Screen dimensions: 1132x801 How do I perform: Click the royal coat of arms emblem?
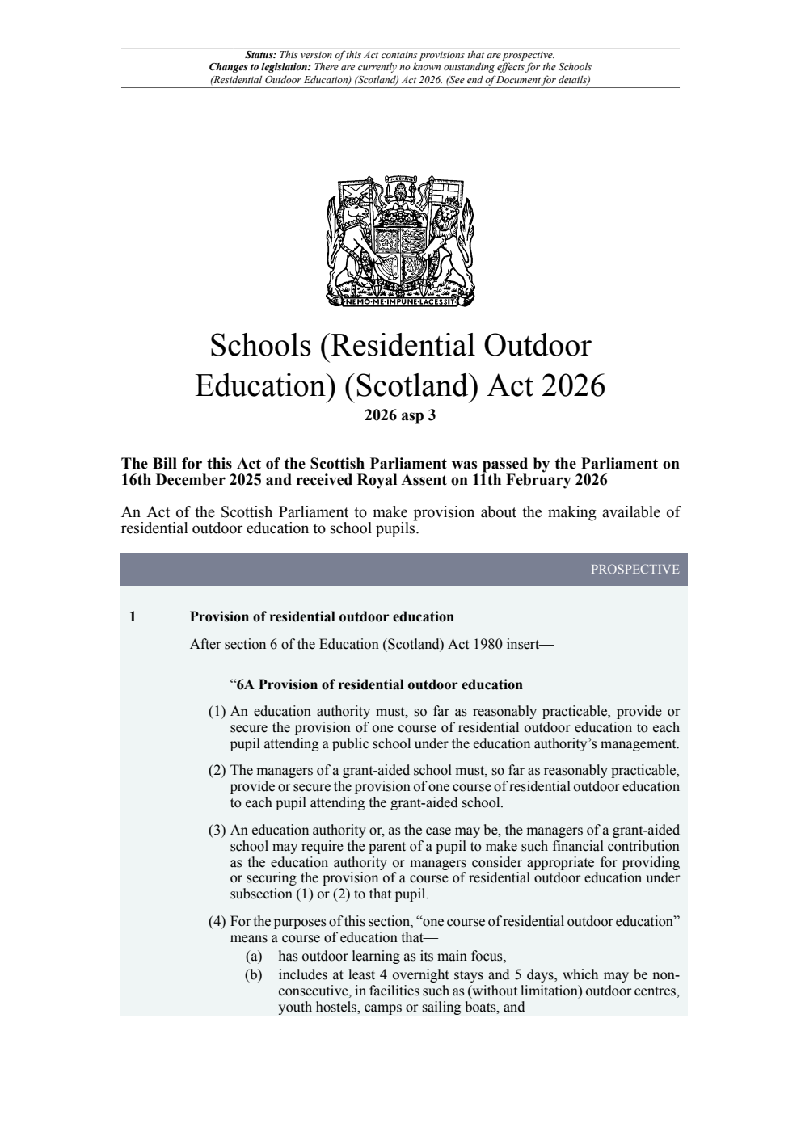(400, 241)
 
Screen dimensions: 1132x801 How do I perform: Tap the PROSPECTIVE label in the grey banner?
(634, 569)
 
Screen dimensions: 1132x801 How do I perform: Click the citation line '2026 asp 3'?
(400, 416)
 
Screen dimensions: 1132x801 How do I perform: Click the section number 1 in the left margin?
(133, 617)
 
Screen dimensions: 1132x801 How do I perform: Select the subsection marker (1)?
(217, 712)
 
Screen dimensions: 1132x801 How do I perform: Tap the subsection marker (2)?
(217, 771)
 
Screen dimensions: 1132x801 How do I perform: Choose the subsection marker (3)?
(217, 830)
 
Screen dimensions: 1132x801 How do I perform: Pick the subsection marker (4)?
(217, 921)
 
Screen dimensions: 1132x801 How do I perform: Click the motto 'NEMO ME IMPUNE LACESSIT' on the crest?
(401, 303)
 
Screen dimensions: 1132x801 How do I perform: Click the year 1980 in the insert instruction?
(486, 645)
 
